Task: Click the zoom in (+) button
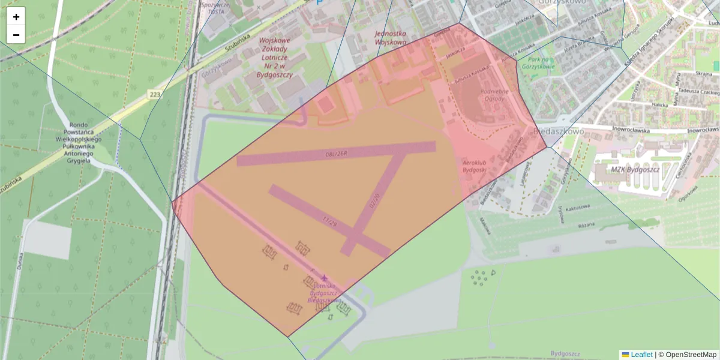pyautogui.click(x=16, y=17)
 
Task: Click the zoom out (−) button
pyautogui.click(x=16, y=35)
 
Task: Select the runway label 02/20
pyautogui.click(x=374, y=200)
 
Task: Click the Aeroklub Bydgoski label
pyautogui.click(x=473, y=166)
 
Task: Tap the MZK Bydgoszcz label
pyautogui.click(x=635, y=170)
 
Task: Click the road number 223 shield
pyautogui.click(x=155, y=94)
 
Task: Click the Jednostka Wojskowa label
pyautogui.click(x=390, y=38)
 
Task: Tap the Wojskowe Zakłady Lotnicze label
pyautogui.click(x=274, y=58)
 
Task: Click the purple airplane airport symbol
pyautogui.click(x=325, y=278)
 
